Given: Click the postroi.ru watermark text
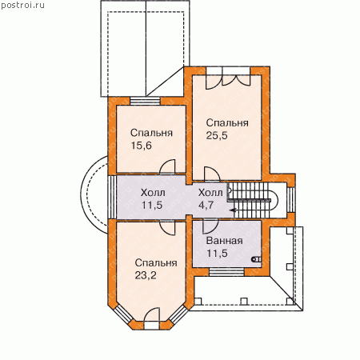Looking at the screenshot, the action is click(x=22, y=5).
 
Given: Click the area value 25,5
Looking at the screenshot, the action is click(x=217, y=136).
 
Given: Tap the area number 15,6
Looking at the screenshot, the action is click(x=141, y=146).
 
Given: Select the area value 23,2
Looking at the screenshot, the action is click(x=146, y=275).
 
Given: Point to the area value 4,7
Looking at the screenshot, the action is click(x=206, y=205).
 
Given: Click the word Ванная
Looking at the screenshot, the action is click(x=225, y=241).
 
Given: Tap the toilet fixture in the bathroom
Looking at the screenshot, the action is click(x=257, y=259).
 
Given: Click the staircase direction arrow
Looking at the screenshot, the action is click(x=234, y=210).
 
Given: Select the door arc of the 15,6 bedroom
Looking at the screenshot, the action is click(x=167, y=167).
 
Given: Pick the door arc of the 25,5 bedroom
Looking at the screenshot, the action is click(x=212, y=174).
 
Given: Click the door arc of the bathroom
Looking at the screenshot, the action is click(x=210, y=226).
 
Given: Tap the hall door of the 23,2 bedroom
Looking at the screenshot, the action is click(x=167, y=228).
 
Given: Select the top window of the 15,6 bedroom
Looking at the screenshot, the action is click(x=145, y=101).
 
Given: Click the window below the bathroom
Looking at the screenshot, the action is click(x=226, y=272).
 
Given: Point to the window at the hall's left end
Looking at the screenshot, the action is click(x=112, y=197).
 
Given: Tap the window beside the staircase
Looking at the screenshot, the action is click(x=292, y=200).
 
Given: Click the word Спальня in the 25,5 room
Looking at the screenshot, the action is click(x=227, y=123).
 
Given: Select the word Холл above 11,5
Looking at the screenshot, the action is click(x=153, y=192).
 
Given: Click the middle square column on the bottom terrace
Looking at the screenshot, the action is click(x=243, y=302).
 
